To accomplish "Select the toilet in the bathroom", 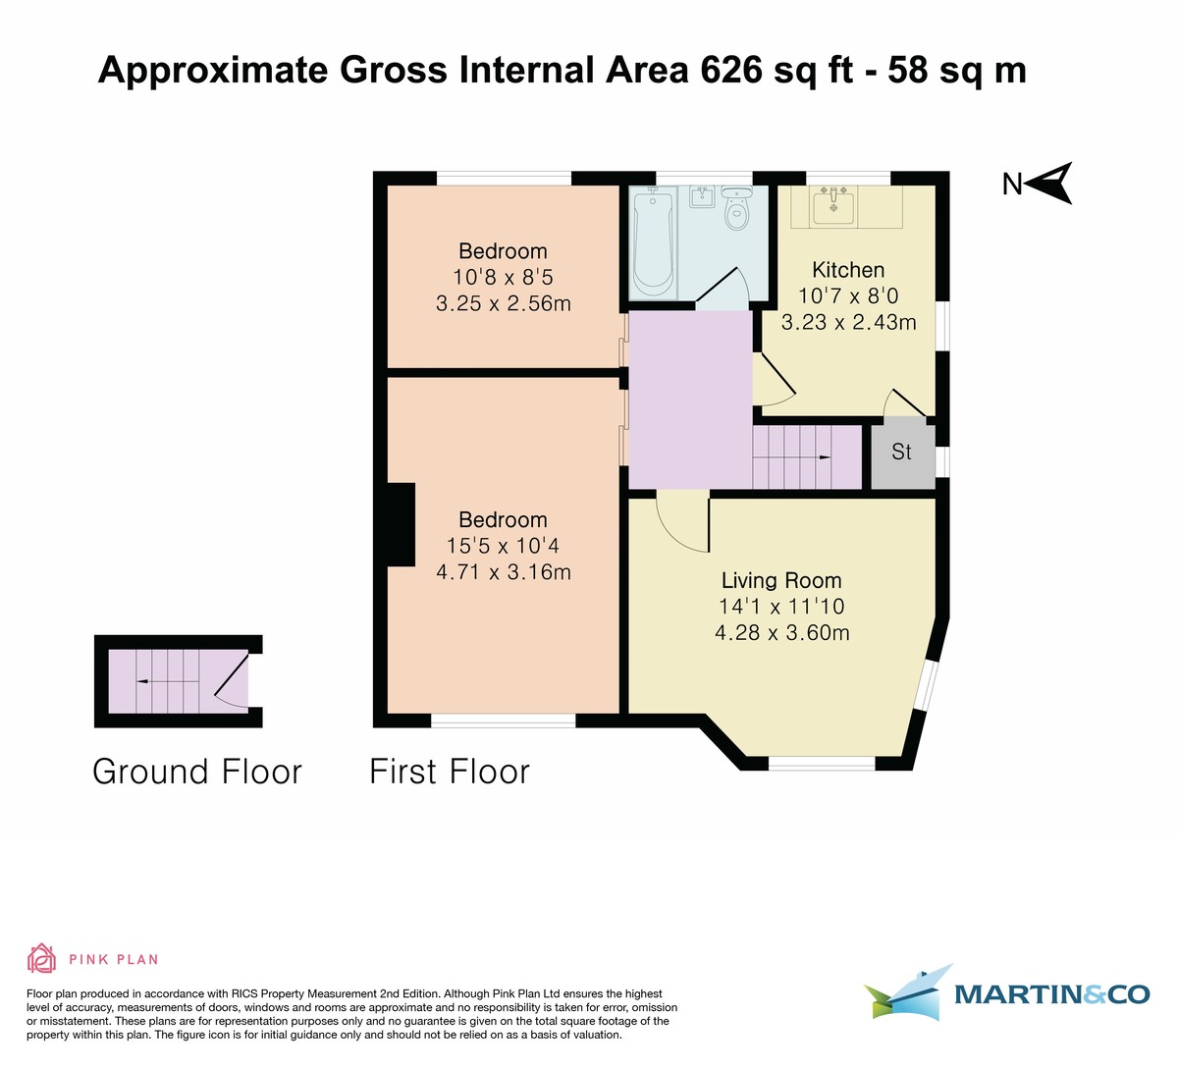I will pos(735,209).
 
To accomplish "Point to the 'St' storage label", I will pos(901,452).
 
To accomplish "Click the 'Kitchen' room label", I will pos(848,270).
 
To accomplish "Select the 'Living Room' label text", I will pos(781,580).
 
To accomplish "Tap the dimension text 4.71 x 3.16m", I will pos(503,571).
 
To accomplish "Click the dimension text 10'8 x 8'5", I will pos(503,278).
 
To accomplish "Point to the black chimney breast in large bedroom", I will pos(401,524).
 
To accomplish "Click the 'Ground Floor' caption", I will pos(197,772).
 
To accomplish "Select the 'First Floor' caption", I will pos(450,772).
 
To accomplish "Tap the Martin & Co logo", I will pos(1006,993).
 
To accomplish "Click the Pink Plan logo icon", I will pos(41,958).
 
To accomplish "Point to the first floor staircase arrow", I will pos(824,457).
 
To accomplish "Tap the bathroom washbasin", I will pos(702,198).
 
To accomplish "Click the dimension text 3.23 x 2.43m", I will pos(848,322).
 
